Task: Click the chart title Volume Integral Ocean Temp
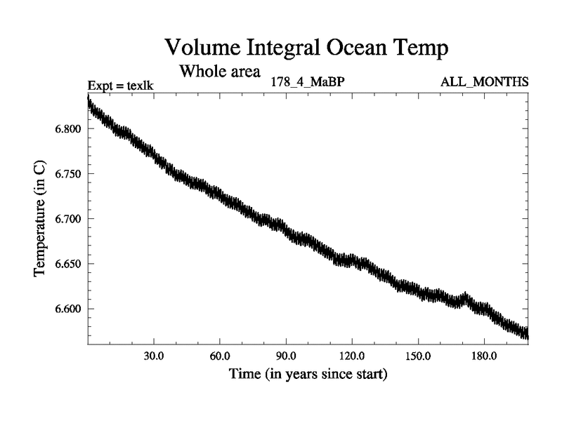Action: point(306,48)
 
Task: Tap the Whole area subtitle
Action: point(220,71)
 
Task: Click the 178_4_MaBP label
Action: point(307,82)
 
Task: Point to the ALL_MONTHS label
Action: point(484,82)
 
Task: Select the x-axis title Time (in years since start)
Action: point(308,374)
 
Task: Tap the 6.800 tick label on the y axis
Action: point(69,129)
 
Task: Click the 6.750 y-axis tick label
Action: point(69,174)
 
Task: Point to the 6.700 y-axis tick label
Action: point(69,219)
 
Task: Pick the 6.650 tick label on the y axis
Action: point(69,264)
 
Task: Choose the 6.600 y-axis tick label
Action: point(69,309)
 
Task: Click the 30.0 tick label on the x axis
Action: point(154,356)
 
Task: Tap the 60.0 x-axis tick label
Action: point(220,356)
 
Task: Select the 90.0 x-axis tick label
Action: point(286,356)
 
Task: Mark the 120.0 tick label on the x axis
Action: point(352,356)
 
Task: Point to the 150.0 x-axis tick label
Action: point(418,356)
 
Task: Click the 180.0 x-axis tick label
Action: point(484,356)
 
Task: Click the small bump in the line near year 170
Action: point(464,298)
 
